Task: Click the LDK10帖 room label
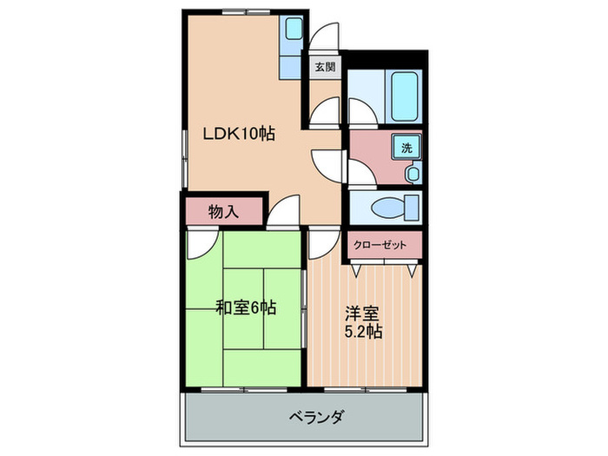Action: click(x=239, y=135)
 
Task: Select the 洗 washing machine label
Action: click(x=406, y=148)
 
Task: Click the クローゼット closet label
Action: click(x=380, y=245)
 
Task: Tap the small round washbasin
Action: click(x=413, y=174)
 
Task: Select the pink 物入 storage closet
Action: click(x=222, y=210)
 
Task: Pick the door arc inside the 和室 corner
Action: click(x=200, y=243)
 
